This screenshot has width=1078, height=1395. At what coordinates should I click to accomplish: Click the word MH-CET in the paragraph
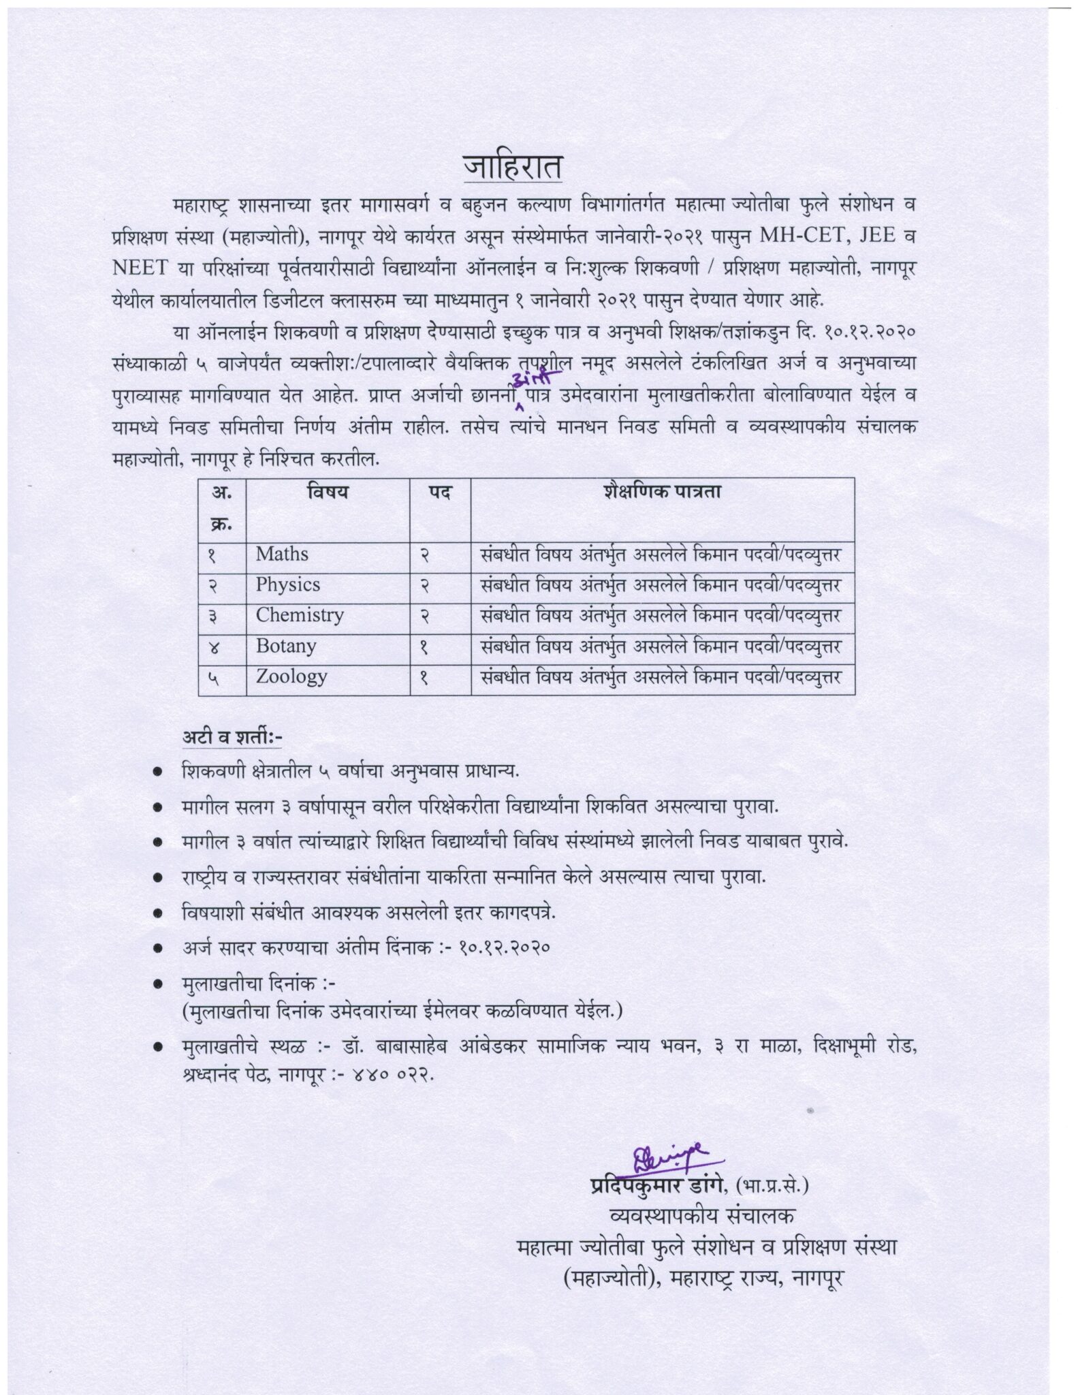coord(807,234)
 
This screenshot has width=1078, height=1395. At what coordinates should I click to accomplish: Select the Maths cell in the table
coord(282,554)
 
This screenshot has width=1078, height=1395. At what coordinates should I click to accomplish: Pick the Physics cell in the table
coord(287,585)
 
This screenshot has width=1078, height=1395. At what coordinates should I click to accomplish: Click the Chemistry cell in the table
coord(300,616)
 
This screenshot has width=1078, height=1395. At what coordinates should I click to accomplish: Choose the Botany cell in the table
coord(286,646)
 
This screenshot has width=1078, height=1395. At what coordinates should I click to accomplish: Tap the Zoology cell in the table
coord(291,677)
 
